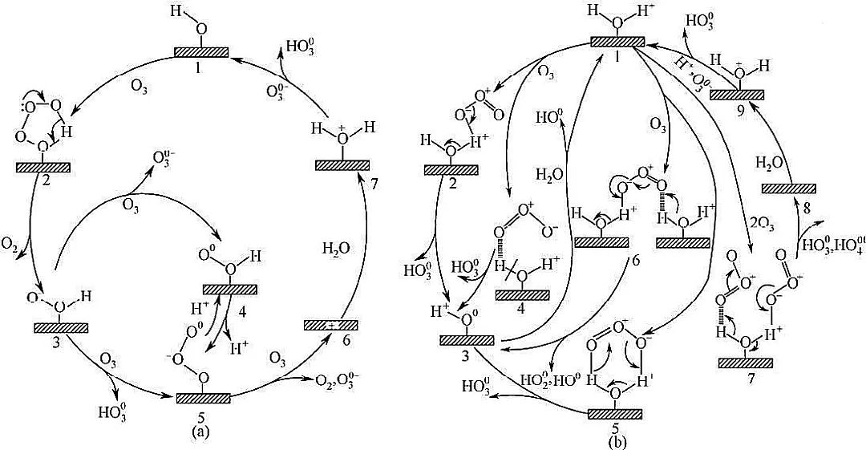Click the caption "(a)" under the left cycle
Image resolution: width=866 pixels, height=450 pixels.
coord(200,431)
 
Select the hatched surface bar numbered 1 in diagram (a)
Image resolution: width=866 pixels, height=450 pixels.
coord(201,52)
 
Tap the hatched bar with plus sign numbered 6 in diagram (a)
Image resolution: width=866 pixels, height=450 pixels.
coord(331,325)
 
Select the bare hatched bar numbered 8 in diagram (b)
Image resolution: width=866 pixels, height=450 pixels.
coord(787,188)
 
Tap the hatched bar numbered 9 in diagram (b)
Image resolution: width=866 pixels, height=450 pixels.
coord(736,94)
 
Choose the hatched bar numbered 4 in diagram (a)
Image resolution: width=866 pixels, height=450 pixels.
coord(230,289)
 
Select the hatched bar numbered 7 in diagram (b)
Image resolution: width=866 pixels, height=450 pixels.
coord(745,363)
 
